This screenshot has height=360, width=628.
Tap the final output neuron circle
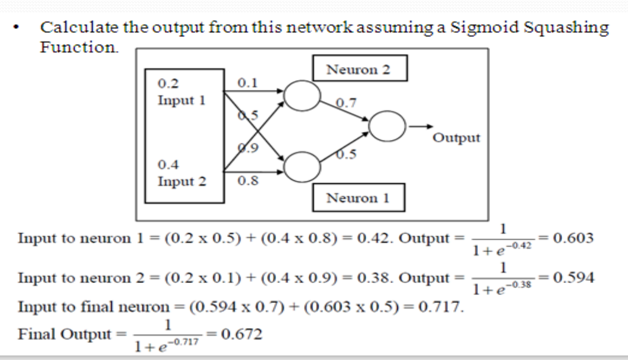(x=387, y=126)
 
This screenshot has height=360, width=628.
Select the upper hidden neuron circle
(x=302, y=93)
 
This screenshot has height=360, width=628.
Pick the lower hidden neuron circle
(x=302, y=165)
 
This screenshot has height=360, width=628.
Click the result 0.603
(x=576, y=237)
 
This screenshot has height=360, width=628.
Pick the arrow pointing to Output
(x=420, y=126)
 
